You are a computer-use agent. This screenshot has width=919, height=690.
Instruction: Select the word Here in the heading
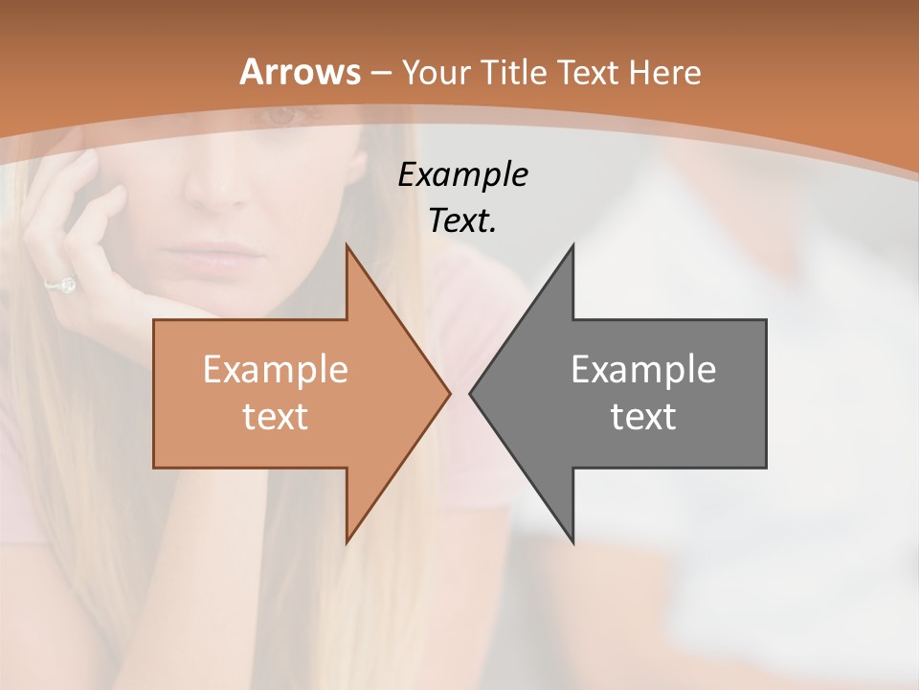[666, 72]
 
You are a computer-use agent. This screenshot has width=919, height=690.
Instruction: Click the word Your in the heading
[437, 72]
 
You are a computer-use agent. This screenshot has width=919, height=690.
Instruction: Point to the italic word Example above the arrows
[462, 174]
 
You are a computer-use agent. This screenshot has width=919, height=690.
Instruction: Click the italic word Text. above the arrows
[462, 220]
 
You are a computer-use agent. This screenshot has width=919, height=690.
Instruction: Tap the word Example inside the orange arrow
[275, 370]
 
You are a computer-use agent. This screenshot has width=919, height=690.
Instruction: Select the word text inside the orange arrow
[275, 416]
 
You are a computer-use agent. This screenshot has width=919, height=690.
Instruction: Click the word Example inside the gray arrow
[643, 370]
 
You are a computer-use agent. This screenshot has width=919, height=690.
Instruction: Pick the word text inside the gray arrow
[643, 416]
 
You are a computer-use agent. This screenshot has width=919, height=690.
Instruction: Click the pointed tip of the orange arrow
[448, 393]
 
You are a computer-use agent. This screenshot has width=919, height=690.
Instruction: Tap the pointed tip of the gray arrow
[471, 393]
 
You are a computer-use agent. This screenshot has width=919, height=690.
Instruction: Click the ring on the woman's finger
[65, 285]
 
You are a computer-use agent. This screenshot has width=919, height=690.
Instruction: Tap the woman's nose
[215, 187]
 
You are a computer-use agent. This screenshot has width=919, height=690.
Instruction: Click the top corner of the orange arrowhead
[347, 245]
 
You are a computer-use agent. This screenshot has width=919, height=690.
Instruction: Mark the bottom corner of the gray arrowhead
[572, 542]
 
